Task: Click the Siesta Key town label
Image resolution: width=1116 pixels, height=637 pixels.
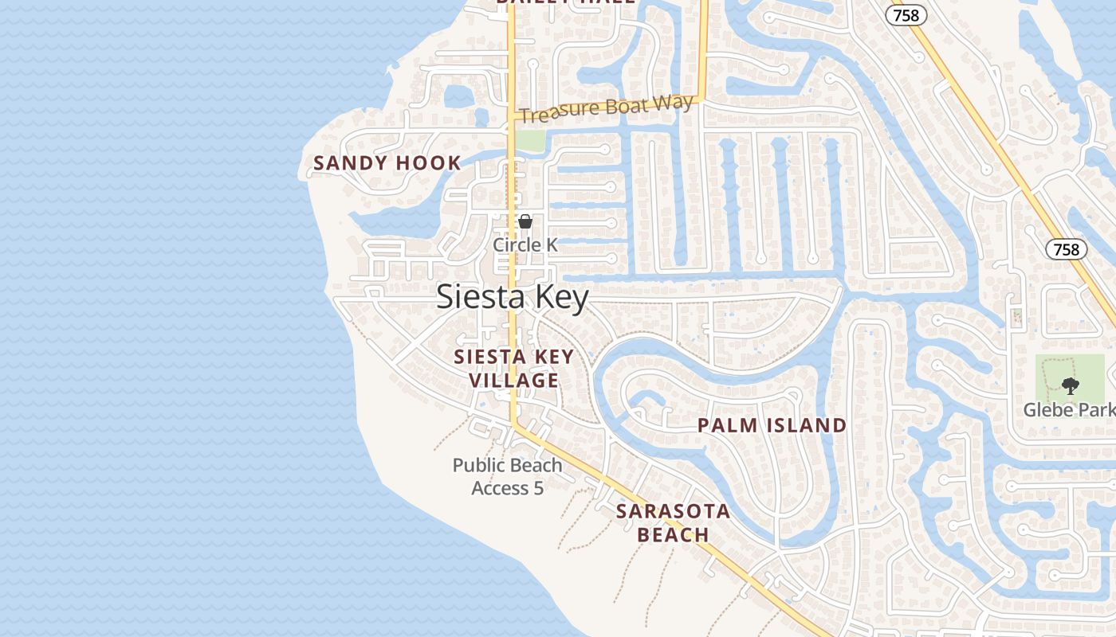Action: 513,298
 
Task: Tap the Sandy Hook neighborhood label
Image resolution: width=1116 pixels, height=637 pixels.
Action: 387,163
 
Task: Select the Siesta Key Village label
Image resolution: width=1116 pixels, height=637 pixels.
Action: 514,369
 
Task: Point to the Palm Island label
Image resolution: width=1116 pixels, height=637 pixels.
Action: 772,425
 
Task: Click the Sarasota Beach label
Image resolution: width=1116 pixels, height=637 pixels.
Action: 674,522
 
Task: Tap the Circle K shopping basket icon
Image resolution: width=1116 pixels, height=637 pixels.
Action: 525,221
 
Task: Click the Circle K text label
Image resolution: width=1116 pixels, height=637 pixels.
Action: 525,244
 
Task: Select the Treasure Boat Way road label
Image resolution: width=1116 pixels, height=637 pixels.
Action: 606,109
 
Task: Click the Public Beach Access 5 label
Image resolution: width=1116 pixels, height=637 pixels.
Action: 508,476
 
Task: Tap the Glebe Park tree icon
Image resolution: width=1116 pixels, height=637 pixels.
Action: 1070,386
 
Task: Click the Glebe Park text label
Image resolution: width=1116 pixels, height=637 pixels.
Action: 1069,410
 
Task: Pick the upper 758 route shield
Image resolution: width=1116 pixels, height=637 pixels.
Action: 906,15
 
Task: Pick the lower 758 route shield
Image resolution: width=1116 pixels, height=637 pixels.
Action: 1066,249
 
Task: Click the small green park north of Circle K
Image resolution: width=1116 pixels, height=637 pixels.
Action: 530,140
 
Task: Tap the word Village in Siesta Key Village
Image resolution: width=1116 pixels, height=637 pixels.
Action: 514,381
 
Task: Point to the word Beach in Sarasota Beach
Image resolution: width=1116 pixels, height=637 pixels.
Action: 674,534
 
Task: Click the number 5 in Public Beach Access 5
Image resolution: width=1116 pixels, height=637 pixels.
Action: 539,488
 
